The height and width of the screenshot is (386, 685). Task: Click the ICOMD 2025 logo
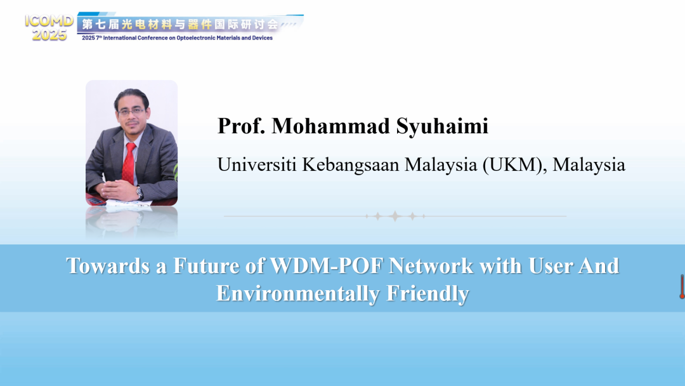point(49,27)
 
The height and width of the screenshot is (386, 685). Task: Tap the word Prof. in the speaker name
point(241,126)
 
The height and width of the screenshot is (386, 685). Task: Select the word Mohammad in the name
point(330,126)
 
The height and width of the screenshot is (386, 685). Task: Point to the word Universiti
point(257,164)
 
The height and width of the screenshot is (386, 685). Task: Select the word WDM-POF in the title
point(327,265)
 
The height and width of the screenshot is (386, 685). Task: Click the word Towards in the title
point(108,265)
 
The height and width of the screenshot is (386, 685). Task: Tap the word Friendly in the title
point(427,293)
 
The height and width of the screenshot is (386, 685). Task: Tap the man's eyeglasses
point(131,112)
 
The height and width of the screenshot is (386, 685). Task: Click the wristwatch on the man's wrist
point(140,192)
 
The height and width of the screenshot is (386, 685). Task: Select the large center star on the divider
point(395,216)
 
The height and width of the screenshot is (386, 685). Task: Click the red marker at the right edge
point(682,287)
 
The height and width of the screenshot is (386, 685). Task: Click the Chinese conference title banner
point(180,24)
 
